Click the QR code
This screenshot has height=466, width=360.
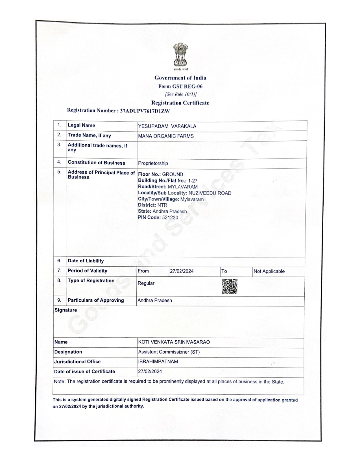click(230, 286)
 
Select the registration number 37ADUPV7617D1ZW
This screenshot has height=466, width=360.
click(145, 111)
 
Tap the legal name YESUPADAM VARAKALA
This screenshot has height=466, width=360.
click(167, 126)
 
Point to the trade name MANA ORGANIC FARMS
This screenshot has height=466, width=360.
click(166, 136)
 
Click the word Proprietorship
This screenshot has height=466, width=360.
click(153, 163)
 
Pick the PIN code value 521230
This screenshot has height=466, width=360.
click(170, 217)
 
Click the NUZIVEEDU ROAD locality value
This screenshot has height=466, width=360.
click(210, 193)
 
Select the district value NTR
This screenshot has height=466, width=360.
click(162, 205)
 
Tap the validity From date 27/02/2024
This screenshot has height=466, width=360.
click(182, 271)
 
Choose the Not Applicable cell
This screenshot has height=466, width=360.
click(269, 271)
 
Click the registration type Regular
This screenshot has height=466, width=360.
click(146, 283)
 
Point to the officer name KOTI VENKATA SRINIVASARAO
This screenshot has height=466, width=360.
click(174, 342)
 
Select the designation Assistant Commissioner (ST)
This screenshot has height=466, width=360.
click(169, 352)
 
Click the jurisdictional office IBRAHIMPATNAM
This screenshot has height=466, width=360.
click(158, 362)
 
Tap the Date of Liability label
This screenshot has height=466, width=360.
click(86, 261)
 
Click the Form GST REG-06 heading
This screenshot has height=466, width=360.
click(180, 86)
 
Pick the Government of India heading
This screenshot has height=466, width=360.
click(180, 78)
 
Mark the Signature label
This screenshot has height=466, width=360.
click(66, 310)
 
